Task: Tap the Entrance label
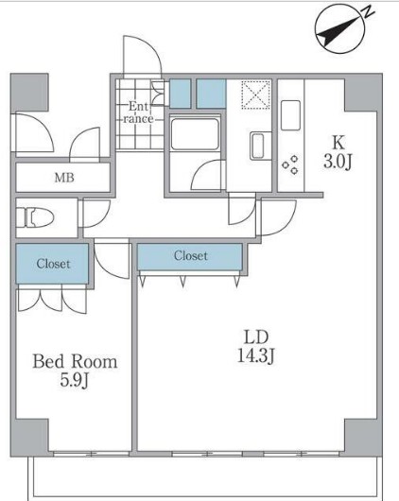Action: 139,112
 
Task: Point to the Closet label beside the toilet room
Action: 53,264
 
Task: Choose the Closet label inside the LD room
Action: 190,256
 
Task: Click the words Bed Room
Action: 75,361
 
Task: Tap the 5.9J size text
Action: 75,380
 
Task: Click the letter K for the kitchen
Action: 338,142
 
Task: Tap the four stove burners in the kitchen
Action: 290,164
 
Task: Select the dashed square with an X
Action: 255,95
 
